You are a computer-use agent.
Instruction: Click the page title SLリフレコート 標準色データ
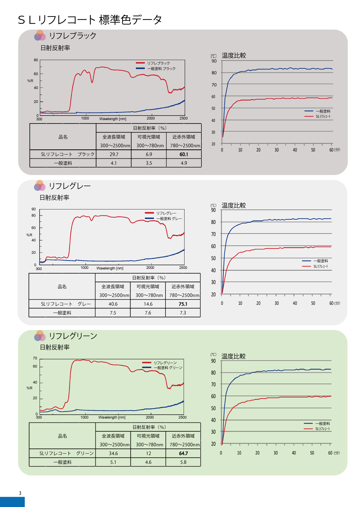(90, 20)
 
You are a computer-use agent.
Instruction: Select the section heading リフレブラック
(72, 36)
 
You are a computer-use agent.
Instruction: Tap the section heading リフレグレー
(70, 186)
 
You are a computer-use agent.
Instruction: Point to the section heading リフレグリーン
(73, 336)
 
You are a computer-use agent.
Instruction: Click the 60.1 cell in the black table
(184, 155)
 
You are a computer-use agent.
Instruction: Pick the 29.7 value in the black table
(114, 155)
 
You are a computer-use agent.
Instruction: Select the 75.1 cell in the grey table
(183, 304)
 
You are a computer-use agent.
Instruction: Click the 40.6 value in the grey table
(113, 304)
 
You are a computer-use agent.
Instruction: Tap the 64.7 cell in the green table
(183, 454)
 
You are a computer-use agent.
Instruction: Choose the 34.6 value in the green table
(113, 454)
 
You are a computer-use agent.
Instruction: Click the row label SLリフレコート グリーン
(66, 454)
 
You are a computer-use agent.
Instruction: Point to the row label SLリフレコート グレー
(66, 304)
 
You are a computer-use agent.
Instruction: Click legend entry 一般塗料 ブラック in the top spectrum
(161, 69)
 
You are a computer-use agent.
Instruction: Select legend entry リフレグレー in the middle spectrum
(166, 213)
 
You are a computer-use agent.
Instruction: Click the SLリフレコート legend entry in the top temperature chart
(323, 116)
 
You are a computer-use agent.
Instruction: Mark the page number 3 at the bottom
(20, 493)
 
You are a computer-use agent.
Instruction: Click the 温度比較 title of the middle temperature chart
(233, 206)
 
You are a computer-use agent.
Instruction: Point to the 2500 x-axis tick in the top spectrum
(184, 118)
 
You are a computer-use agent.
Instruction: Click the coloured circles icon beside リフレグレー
(40, 186)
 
